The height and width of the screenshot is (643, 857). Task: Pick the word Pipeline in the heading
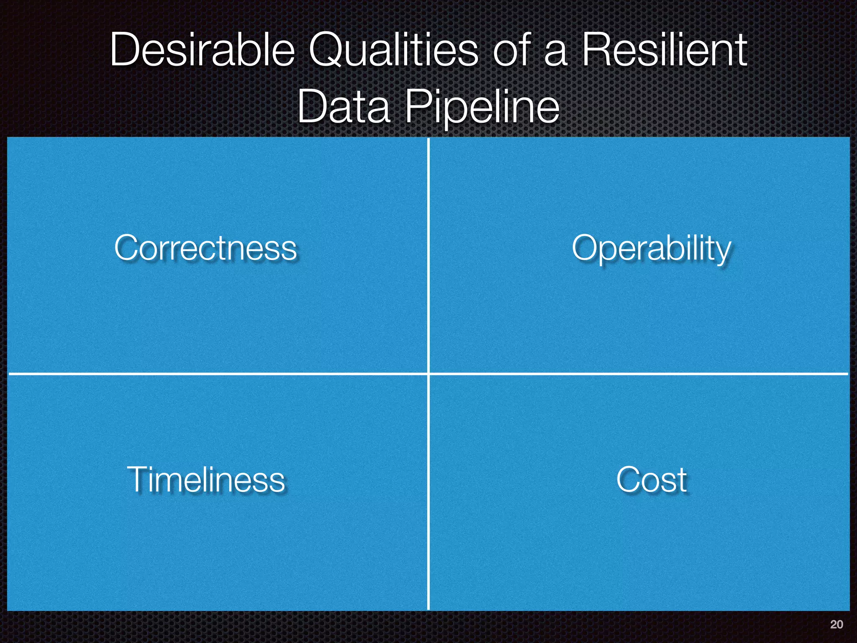[x=482, y=108]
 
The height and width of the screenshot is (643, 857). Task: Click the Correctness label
[x=205, y=248]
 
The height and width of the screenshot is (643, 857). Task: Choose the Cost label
[x=652, y=479]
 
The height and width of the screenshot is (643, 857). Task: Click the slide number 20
[x=836, y=625]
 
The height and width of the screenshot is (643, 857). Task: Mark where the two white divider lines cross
[x=428, y=373]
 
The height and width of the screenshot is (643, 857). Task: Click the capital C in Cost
[x=629, y=479]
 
